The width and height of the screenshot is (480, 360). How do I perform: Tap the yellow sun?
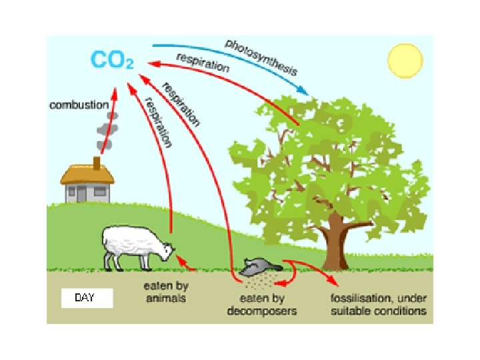pos(406,61)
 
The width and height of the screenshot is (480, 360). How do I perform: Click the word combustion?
pos(78,105)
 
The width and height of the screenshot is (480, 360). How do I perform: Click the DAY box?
pos(85,298)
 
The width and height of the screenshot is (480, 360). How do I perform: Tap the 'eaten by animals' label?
pos(165,292)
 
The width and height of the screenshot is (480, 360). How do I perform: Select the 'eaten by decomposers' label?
pos(262,305)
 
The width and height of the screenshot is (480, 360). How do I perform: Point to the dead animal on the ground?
pos(257,268)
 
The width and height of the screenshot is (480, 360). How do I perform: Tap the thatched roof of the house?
pos(87,175)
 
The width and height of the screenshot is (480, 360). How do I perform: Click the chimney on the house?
pos(97,163)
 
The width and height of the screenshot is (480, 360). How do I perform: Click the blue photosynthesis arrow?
pos(227,53)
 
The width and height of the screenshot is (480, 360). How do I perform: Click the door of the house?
pos(81,194)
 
